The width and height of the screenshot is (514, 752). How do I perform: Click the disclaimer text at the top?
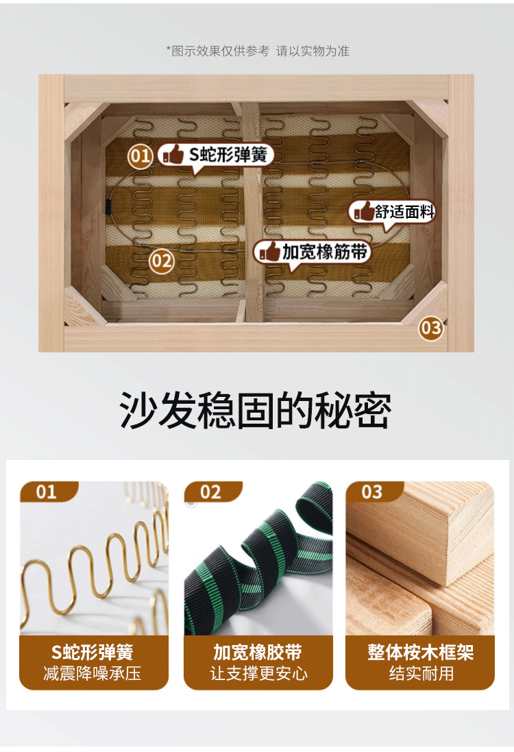258,51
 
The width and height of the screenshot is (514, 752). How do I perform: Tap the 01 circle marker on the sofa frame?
140,156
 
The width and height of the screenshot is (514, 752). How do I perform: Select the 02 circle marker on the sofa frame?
161,261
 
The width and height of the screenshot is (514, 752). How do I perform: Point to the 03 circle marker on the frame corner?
430,328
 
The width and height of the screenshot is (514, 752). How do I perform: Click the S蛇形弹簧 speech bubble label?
216,156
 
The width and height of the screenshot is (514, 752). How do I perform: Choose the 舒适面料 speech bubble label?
392,212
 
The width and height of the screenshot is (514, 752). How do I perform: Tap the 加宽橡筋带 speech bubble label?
313,252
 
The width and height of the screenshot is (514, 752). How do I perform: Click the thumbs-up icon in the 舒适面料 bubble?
364,212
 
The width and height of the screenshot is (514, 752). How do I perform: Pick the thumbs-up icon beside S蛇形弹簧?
173,154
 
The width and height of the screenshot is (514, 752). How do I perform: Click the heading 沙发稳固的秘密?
256,410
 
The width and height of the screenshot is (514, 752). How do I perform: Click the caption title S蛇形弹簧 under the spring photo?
93,652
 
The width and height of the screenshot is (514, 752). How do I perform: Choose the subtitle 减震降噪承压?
93,673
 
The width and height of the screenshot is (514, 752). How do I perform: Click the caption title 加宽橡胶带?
258,652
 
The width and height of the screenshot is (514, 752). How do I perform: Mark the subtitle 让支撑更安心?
258,673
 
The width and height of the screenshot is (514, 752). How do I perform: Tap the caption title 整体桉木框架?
421,652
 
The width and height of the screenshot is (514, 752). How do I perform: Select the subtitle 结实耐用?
421,673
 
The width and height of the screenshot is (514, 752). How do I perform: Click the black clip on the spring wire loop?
108,207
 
